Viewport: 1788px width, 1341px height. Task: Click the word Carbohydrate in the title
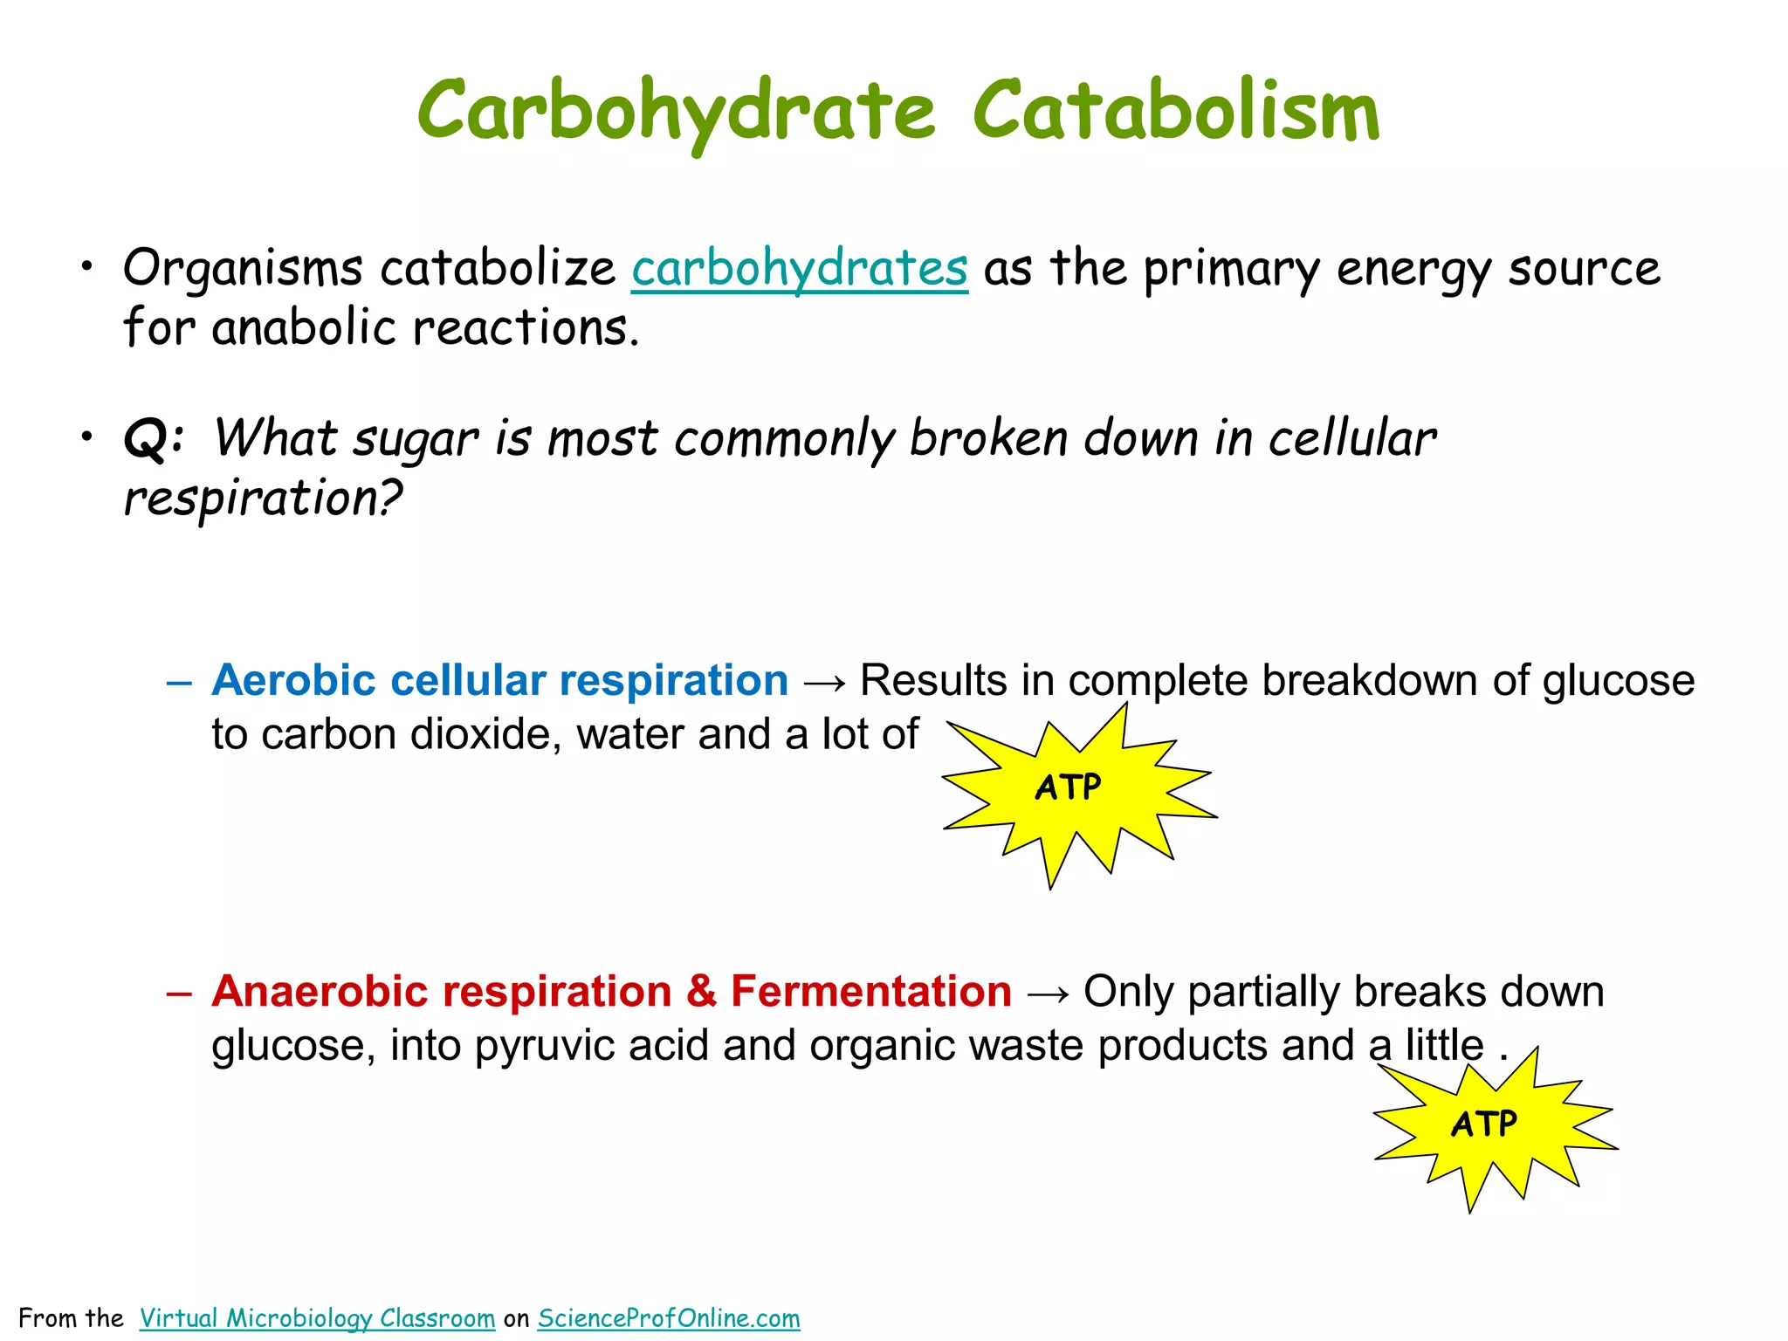point(676,112)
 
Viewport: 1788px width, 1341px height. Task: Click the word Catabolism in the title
point(1176,112)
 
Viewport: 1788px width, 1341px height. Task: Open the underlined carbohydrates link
point(800,268)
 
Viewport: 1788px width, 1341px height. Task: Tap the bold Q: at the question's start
point(155,437)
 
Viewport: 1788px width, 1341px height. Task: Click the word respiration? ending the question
point(263,499)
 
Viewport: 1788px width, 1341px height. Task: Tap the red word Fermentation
point(870,991)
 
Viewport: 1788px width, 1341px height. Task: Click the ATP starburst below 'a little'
point(1485,1124)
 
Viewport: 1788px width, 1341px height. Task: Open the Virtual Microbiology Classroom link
point(317,1317)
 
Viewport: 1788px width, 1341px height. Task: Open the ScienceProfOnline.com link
point(669,1317)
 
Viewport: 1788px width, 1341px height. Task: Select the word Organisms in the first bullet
point(243,268)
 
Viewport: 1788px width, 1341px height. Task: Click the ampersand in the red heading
point(701,991)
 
